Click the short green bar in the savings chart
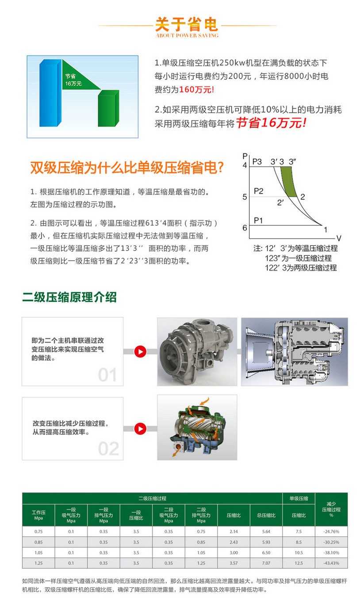[108, 108]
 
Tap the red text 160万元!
[196, 89]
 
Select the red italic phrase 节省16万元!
[271, 123]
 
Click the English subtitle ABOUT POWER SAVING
[187, 35]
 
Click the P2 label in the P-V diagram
[259, 191]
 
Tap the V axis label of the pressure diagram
[339, 238]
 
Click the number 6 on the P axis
[245, 228]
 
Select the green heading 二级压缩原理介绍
[69, 297]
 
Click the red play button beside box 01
[140, 351]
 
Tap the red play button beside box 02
[140, 428]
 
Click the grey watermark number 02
[108, 449]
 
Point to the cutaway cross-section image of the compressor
[294, 351]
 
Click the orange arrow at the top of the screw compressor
[204, 401]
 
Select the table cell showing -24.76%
[331, 531]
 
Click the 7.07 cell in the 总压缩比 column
[266, 563]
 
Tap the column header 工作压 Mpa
[38, 515]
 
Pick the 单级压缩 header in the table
[299, 498]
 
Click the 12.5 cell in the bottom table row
[299, 563]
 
